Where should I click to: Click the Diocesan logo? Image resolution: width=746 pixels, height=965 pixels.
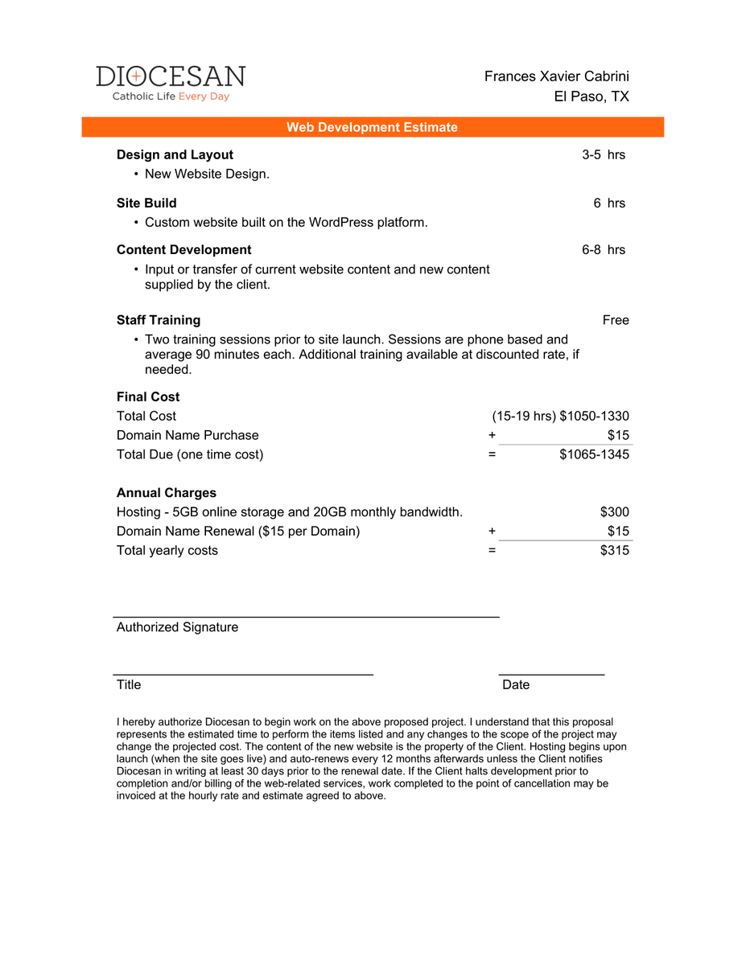coord(171,83)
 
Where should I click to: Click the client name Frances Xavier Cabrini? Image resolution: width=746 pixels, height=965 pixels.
coord(556,76)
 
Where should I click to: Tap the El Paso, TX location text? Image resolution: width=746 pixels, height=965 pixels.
coord(591,96)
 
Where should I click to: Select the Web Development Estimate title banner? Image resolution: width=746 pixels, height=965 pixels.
coord(372,127)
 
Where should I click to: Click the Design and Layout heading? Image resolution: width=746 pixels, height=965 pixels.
coord(175,154)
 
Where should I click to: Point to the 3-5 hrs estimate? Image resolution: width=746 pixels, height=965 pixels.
coord(603,154)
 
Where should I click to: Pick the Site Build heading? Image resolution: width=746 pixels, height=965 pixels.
coord(146,203)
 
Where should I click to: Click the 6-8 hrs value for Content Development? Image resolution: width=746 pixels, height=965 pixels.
coord(603,249)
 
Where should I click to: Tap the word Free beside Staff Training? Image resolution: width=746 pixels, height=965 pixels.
coord(616,320)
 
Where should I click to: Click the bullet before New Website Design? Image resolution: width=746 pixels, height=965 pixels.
coord(136,174)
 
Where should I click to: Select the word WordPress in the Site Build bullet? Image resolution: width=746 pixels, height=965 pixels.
coord(342,222)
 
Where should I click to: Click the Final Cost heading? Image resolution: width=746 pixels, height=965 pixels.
coord(148,396)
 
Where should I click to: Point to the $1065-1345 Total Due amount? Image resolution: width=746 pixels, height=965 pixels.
coord(594,454)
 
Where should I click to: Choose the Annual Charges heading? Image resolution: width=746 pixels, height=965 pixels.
coord(166,492)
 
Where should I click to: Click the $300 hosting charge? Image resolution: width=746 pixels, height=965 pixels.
coord(614,511)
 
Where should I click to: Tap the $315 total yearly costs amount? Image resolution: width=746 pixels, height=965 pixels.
coord(614,550)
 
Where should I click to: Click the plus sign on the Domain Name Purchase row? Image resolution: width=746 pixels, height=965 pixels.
coord(492,435)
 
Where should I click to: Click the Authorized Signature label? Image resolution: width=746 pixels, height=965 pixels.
coord(177,627)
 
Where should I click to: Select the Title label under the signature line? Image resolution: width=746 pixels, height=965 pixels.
coord(129,684)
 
